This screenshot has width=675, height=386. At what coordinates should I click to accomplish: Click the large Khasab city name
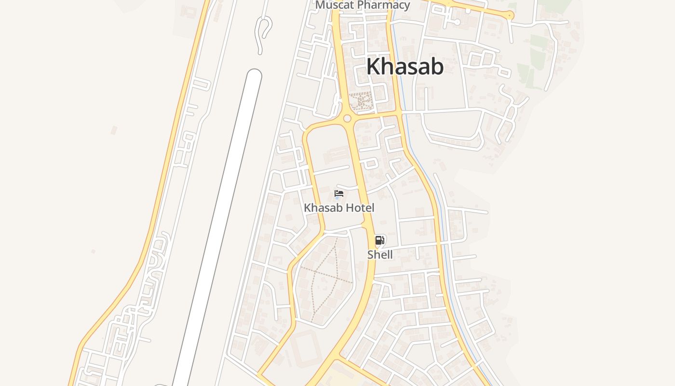405,67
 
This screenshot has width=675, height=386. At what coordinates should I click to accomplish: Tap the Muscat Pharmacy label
363,5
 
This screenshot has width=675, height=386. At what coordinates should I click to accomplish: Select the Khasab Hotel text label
339,208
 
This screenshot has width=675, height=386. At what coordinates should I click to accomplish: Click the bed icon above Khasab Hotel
339,193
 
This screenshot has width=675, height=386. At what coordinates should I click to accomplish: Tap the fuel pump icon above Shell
379,240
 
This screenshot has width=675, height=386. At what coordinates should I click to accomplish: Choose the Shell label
380,254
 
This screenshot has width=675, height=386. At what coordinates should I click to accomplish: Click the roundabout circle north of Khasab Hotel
347,118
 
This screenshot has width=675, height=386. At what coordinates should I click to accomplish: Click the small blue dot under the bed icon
337,198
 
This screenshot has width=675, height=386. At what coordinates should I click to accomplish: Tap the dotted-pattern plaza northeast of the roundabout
361,101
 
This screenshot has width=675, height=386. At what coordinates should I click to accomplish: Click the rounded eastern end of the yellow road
510,16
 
